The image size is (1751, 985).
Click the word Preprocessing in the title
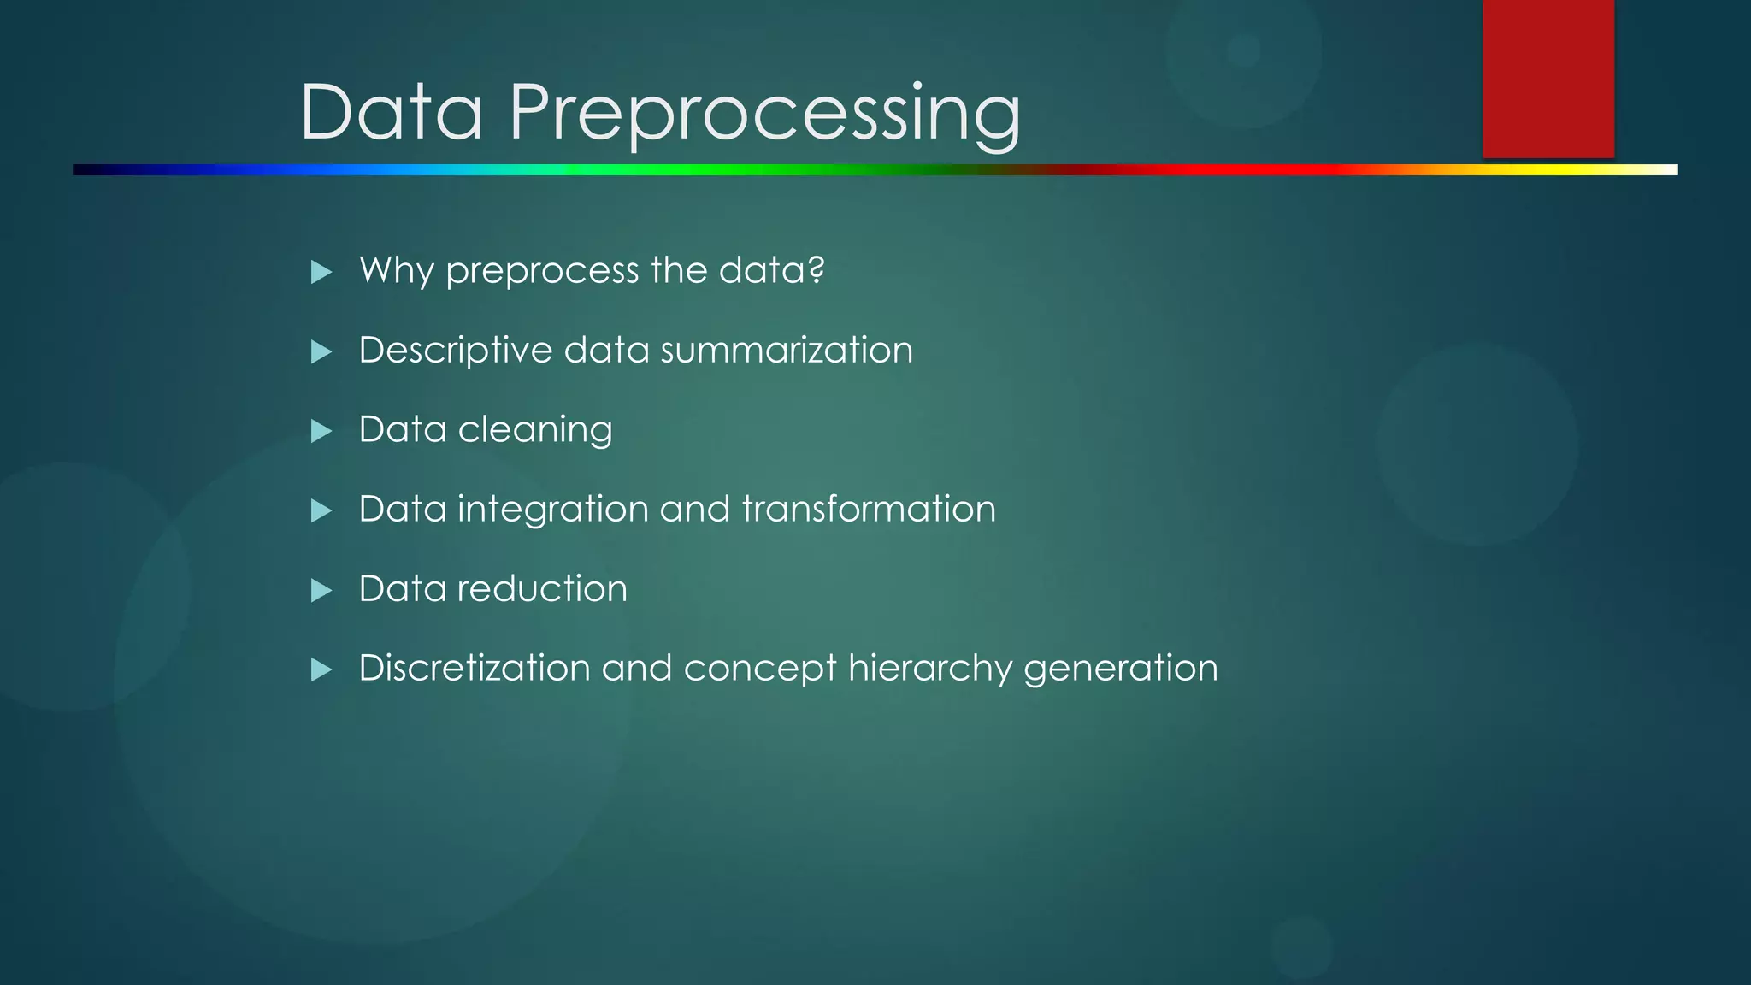764,113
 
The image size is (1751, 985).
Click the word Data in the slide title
392,113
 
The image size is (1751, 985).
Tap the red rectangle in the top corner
1548,79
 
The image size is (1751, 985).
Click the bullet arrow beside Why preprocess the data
321,273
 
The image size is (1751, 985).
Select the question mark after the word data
816,270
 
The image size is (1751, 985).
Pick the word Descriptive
456,351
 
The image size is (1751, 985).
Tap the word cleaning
534,430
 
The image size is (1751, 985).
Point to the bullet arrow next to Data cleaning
321,431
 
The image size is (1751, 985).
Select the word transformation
869,510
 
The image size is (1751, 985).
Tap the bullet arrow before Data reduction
321,590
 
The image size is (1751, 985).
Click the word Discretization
474,669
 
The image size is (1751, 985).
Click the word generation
1120,669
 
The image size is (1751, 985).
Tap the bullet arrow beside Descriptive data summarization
321,351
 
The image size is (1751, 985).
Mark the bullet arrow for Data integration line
321,510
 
